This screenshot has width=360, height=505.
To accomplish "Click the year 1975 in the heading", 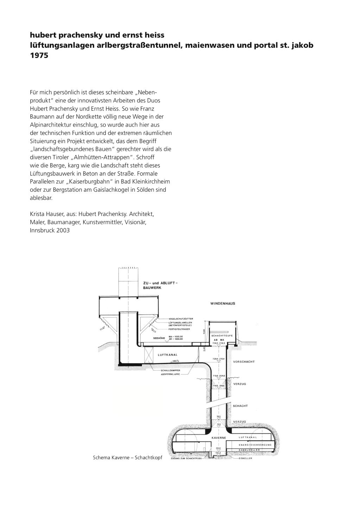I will point(39,56).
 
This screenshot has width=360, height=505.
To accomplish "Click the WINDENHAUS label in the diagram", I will point(223,303).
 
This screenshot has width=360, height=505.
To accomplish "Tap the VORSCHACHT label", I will point(244,362).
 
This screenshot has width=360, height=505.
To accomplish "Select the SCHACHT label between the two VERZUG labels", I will point(240,406).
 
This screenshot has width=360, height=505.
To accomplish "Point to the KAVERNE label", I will point(218,438).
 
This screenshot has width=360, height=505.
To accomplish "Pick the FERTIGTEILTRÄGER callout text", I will point(179,329).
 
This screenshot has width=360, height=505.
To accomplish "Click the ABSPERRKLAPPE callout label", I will point(171,374).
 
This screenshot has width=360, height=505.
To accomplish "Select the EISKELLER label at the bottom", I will point(245,458).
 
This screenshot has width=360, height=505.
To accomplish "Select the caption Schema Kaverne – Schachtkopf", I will point(127,458).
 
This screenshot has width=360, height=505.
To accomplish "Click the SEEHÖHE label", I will point(159,338).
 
